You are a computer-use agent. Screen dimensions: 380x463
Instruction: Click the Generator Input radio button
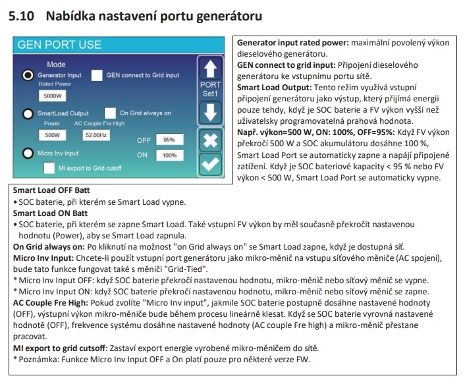(x=28, y=76)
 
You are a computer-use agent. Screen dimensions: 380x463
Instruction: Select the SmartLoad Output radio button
(x=28, y=114)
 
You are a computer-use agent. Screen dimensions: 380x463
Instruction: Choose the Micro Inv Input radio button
(x=28, y=153)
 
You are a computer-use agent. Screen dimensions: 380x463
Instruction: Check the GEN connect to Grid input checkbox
(x=97, y=75)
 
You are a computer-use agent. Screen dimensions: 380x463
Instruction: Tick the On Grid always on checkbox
(x=111, y=113)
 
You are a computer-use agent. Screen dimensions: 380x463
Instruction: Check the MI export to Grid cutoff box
(x=49, y=168)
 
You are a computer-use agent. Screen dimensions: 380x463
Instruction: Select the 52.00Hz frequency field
(x=96, y=134)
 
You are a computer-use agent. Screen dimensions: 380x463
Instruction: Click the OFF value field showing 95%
(x=169, y=140)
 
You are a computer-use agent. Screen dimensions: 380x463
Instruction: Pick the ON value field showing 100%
(x=169, y=155)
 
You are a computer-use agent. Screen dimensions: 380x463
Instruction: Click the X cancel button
(x=210, y=140)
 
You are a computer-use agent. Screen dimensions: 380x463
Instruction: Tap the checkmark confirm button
(x=210, y=164)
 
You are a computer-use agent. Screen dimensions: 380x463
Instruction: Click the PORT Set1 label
(x=210, y=90)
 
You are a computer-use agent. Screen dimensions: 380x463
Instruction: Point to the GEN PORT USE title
(x=59, y=45)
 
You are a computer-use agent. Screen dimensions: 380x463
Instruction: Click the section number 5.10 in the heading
(x=21, y=16)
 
